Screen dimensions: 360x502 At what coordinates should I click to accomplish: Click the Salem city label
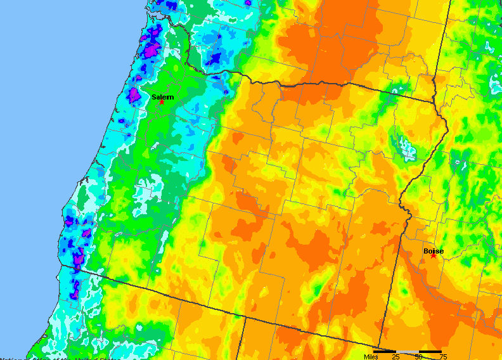click(162, 97)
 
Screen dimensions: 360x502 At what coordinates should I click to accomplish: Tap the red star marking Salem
click(162, 102)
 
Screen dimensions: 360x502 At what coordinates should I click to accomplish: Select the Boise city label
click(434, 251)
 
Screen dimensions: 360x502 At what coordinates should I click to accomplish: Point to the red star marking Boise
click(434, 255)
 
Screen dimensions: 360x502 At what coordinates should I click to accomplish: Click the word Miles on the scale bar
click(371, 357)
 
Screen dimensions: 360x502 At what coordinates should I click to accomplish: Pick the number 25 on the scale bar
click(396, 357)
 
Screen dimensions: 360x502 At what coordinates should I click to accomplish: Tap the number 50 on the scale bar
click(418, 357)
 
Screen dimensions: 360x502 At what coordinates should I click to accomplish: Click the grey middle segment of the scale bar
click(408, 351)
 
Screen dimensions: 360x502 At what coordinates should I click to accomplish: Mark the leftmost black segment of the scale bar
click(384, 351)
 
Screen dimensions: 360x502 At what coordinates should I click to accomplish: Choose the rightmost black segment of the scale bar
click(430, 351)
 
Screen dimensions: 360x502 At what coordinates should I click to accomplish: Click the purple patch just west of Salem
click(134, 96)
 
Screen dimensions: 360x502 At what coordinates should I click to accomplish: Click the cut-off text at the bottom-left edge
click(38, 357)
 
